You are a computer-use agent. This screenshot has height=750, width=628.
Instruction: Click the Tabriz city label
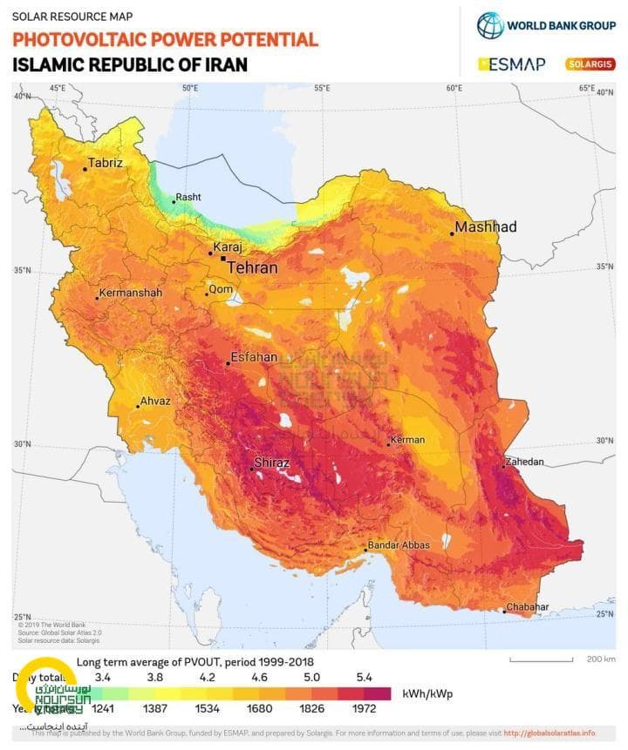coord(106,162)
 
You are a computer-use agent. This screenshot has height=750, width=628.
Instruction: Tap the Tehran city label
coord(252,267)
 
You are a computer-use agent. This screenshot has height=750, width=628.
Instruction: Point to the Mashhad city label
coord(486,226)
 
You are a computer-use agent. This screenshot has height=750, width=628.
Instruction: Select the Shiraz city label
coord(271,463)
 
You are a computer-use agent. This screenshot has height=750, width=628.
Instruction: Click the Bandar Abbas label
coord(400,545)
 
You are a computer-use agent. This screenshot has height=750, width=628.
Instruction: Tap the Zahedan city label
coord(524,462)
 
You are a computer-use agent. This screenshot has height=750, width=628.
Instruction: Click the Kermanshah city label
coord(131,293)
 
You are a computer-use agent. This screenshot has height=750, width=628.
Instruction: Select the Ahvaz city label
coord(156,401)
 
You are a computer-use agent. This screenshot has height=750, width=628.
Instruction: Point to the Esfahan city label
coord(254,357)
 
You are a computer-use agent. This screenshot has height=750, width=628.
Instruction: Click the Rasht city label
coord(188,198)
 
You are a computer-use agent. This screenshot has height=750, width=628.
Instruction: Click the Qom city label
coord(220,289)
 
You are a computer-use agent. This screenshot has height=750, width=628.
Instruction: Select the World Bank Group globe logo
coord(490,25)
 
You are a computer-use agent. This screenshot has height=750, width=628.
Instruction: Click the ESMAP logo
coord(512,64)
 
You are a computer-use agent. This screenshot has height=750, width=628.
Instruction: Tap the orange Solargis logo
coord(590,64)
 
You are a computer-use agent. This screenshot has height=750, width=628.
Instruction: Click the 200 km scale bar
coord(541,659)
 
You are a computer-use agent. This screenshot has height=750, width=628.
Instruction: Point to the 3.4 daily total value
coord(103,677)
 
